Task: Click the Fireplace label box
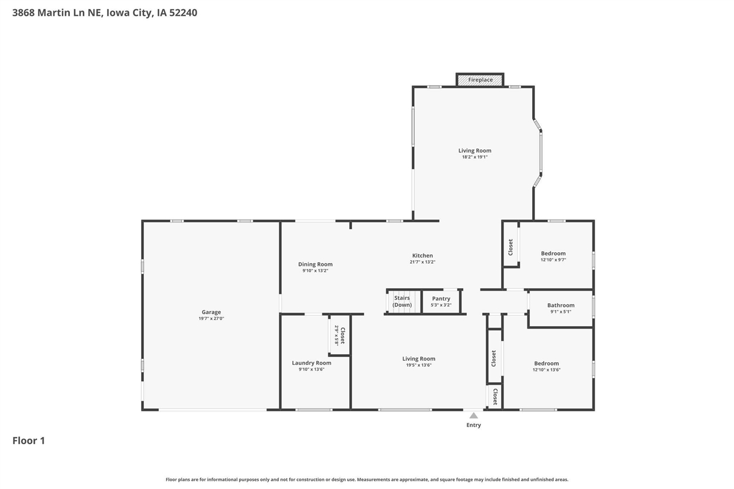click(480, 80)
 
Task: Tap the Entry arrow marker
click(473, 416)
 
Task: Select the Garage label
click(211, 312)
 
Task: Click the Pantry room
click(441, 302)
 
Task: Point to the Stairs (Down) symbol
click(402, 302)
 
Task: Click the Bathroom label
click(560, 306)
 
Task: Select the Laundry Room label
click(311, 363)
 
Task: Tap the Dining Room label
click(315, 264)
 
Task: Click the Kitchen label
click(422, 256)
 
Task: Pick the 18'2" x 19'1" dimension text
click(475, 157)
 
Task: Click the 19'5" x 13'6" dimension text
click(419, 365)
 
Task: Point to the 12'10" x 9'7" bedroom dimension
click(553, 260)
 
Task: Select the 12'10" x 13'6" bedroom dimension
click(546, 370)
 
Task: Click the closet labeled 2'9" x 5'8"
click(339, 335)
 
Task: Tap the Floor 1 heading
click(29, 440)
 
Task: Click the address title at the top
click(104, 13)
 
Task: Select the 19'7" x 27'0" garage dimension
click(211, 319)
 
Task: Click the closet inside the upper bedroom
click(510, 247)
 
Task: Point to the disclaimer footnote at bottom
click(367, 479)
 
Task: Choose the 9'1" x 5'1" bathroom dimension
click(560, 312)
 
